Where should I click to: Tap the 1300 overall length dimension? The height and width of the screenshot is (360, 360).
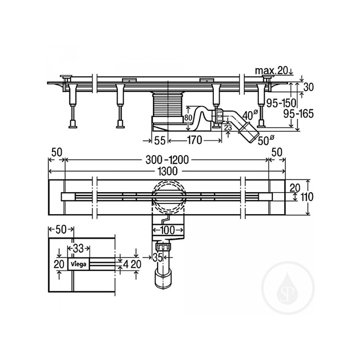167,171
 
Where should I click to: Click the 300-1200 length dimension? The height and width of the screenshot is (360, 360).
167,159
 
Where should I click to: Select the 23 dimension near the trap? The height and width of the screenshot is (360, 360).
228,128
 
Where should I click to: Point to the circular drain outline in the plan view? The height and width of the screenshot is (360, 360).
168,196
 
